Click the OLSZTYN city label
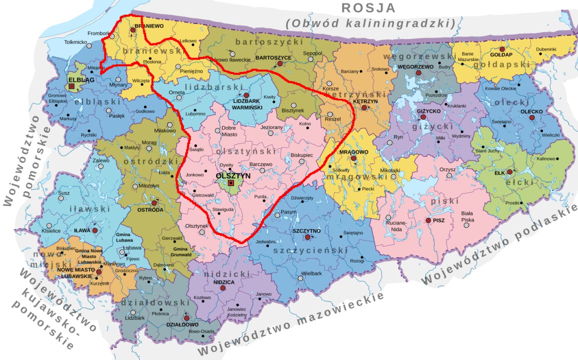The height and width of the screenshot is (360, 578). (x=233, y=176)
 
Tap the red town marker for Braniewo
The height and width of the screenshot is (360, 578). (x=133, y=30)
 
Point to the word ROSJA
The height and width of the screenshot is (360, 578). (x=368, y=8)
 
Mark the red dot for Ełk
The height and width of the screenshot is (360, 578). (x=509, y=172)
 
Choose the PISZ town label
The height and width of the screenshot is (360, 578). (x=438, y=220)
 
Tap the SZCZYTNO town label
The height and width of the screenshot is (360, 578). (x=306, y=231)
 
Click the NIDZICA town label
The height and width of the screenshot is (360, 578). (x=224, y=282)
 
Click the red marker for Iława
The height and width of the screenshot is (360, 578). (x=95, y=230)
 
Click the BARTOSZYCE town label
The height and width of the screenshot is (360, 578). (x=273, y=58)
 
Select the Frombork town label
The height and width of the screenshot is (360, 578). (x=98, y=33)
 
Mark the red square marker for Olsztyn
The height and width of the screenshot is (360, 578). (x=231, y=183)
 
